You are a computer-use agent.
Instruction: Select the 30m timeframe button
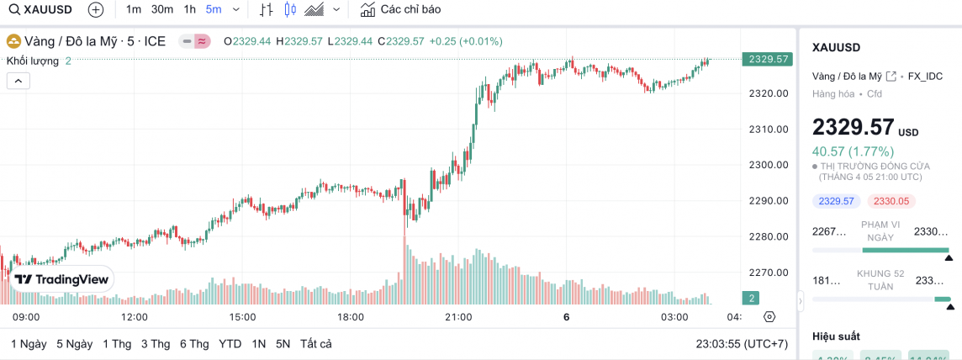coord(162,10)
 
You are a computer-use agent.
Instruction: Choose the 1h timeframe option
coord(189,10)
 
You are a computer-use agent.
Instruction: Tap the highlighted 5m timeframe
coord(214,10)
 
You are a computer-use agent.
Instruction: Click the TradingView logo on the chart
coord(61,279)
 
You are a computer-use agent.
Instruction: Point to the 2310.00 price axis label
coord(768,129)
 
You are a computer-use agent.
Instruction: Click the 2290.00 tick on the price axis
coord(768,201)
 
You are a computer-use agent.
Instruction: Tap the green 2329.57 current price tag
coord(767,59)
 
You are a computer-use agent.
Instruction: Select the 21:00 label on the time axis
coord(458,317)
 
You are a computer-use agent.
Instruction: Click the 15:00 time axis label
coord(242,317)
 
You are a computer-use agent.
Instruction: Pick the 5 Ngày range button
coord(74,344)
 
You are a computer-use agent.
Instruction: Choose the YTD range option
coord(230,344)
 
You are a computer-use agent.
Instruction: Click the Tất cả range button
coord(315,344)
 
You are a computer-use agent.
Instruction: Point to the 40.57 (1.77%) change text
coord(852,151)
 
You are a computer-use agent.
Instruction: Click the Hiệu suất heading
coord(836,336)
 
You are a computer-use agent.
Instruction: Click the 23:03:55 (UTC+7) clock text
coord(743,344)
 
